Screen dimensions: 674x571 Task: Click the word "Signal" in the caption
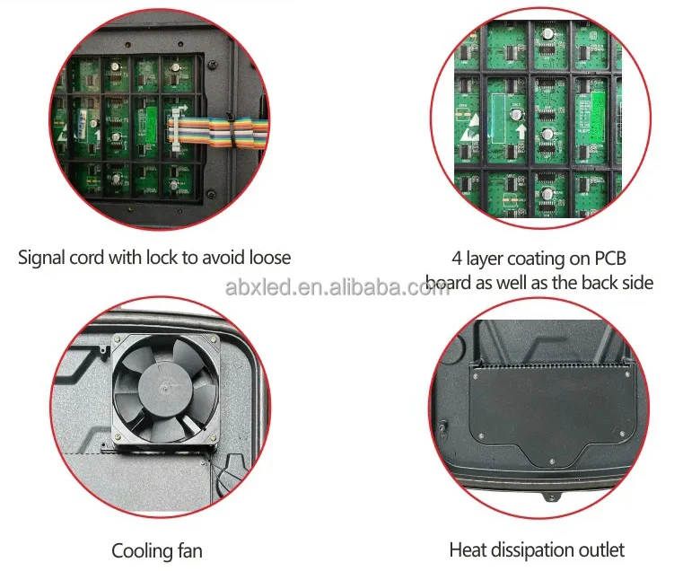45,258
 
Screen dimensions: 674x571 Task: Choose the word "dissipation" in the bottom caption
534,549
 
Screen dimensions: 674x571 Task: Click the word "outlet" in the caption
600,549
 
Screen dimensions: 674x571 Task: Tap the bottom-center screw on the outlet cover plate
548,464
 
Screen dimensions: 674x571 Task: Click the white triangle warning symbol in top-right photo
468,131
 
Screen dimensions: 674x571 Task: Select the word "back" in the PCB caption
584,283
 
